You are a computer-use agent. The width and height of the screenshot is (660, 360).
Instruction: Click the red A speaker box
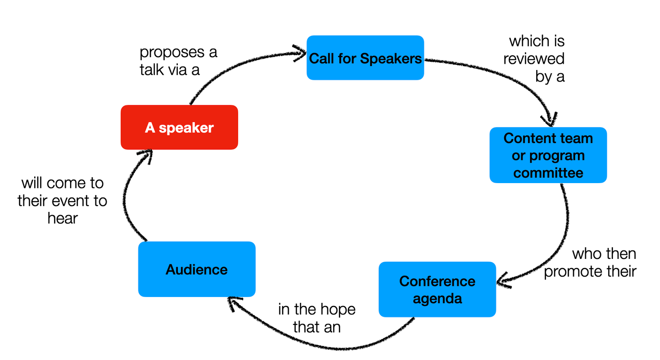[179, 128]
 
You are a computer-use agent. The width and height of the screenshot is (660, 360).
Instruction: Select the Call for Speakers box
[365, 58]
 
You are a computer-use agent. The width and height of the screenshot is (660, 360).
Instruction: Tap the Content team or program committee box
[548, 155]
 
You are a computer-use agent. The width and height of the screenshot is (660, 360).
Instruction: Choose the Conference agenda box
[437, 290]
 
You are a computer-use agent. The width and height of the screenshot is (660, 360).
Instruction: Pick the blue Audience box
[196, 269]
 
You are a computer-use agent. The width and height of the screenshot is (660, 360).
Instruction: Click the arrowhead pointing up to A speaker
[145, 155]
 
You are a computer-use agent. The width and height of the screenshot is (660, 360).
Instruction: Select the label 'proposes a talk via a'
[178, 61]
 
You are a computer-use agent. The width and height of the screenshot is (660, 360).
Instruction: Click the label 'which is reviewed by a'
[535, 59]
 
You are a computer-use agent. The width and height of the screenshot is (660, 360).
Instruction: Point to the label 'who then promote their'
[590, 262]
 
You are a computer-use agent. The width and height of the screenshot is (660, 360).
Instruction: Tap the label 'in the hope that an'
[317, 318]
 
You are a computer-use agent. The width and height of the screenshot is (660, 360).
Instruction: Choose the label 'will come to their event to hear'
[63, 200]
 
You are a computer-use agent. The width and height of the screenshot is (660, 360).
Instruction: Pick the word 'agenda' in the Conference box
[437, 298]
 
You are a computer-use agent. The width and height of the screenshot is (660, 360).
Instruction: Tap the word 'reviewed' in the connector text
[534, 59]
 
